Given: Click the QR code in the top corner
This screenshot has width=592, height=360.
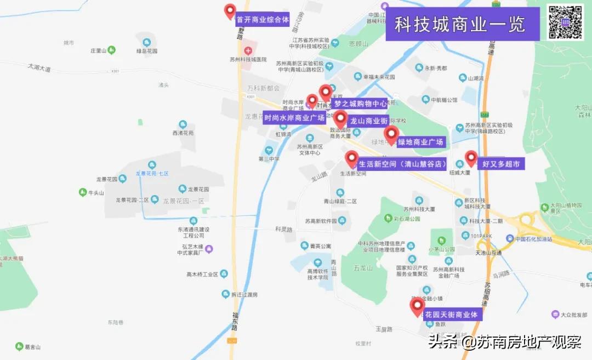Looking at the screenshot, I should pyautogui.click(x=565, y=22).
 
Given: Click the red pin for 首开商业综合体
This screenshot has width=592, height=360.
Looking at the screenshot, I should pyautogui.click(x=230, y=12).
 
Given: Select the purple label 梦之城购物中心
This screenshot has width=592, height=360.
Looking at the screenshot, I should pyautogui.click(x=361, y=104).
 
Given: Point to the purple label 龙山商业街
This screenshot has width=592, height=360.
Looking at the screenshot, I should pyautogui.click(x=369, y=121).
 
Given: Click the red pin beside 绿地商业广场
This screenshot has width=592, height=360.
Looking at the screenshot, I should pyautogui.click(x=391, y=134).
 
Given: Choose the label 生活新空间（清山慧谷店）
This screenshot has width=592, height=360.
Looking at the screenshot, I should pyautogui.click(x=402, y=163).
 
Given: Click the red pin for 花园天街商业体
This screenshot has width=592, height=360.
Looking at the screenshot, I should pyautogui.click(x=417, y=306).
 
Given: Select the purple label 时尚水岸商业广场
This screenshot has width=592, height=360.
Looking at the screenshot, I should pyautogui.click(x=294, y=117).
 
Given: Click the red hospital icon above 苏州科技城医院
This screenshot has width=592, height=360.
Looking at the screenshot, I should pyautogui.click(x=248, y=50).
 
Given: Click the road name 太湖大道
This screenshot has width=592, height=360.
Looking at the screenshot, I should pyautogui.click(x=39, y=68).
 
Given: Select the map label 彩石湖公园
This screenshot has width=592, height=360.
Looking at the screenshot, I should pyautogui.click(x=407, y=219).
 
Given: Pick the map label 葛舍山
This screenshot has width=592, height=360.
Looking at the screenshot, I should pyautogui.click(x=33, y=347).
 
